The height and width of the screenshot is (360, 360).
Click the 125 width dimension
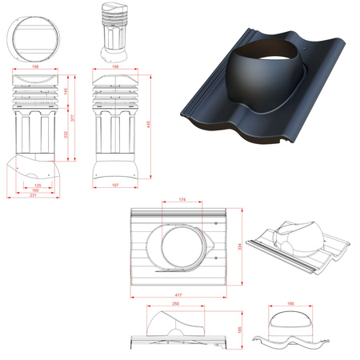click(x=38, y=186)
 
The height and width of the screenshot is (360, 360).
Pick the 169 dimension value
click(x=35, y=190)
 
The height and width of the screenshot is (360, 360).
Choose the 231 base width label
click(x=33, y=196)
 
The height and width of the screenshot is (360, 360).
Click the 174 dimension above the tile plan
click(x=182, y=198)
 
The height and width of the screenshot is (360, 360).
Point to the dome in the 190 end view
click(x=290, y=320)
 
